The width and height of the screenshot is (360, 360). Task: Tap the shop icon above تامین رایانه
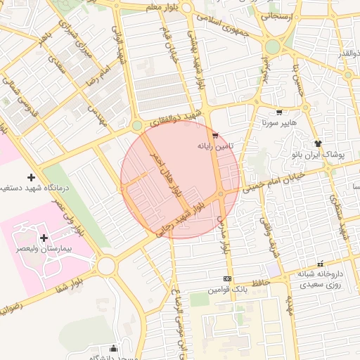(x=215, y=135)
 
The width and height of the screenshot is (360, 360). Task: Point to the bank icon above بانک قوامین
(x=226, y=278)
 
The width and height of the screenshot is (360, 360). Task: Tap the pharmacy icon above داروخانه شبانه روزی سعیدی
(x=321, y=263)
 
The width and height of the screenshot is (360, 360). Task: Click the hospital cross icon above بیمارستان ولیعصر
(x=44, y=238)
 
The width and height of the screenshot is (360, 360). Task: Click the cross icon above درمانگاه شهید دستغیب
(x=30, y=176)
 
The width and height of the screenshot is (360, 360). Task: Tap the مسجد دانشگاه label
(x=112, y=356)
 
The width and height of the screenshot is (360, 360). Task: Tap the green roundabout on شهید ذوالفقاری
(x=136, y=125)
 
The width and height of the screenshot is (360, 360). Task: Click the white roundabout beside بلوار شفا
(x=106, y=266)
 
